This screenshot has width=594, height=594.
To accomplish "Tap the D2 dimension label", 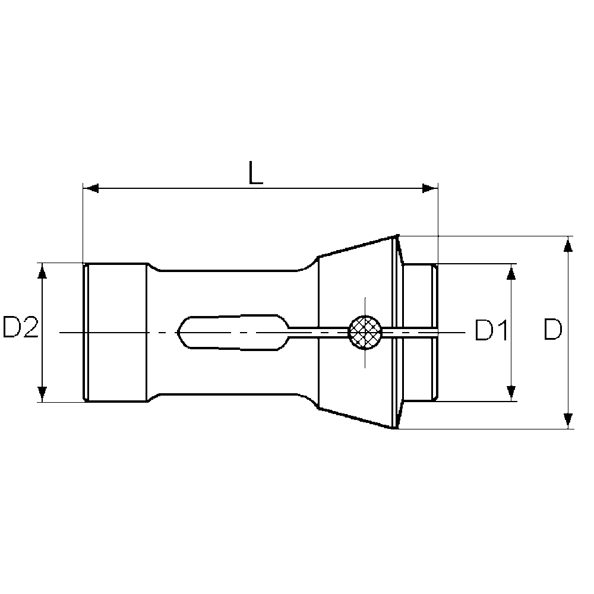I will coord(21,328).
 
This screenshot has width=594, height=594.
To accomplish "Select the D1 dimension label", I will coord(491,331).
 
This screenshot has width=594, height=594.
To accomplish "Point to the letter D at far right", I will coord(552,331).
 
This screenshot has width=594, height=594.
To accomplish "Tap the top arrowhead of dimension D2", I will coord(42,270).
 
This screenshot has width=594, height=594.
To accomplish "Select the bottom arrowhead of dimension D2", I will coord(42,393).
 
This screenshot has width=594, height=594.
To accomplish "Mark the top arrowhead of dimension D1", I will coord(510,271).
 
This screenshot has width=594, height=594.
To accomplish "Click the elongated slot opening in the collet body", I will coord(232,331).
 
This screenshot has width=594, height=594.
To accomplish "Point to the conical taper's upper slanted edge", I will coord(356,246).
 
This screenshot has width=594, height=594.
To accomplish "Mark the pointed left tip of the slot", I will coord(179,331).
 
